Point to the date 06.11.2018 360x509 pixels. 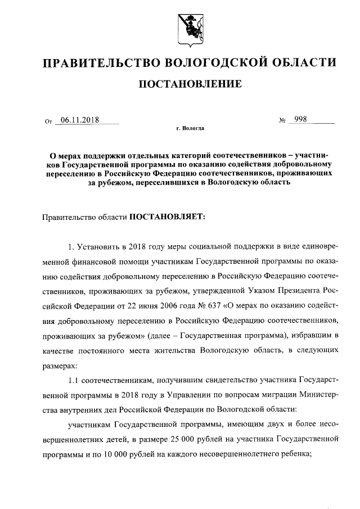click(76, 120)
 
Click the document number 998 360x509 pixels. click(297, 120)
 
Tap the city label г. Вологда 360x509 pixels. click(190, 129)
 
